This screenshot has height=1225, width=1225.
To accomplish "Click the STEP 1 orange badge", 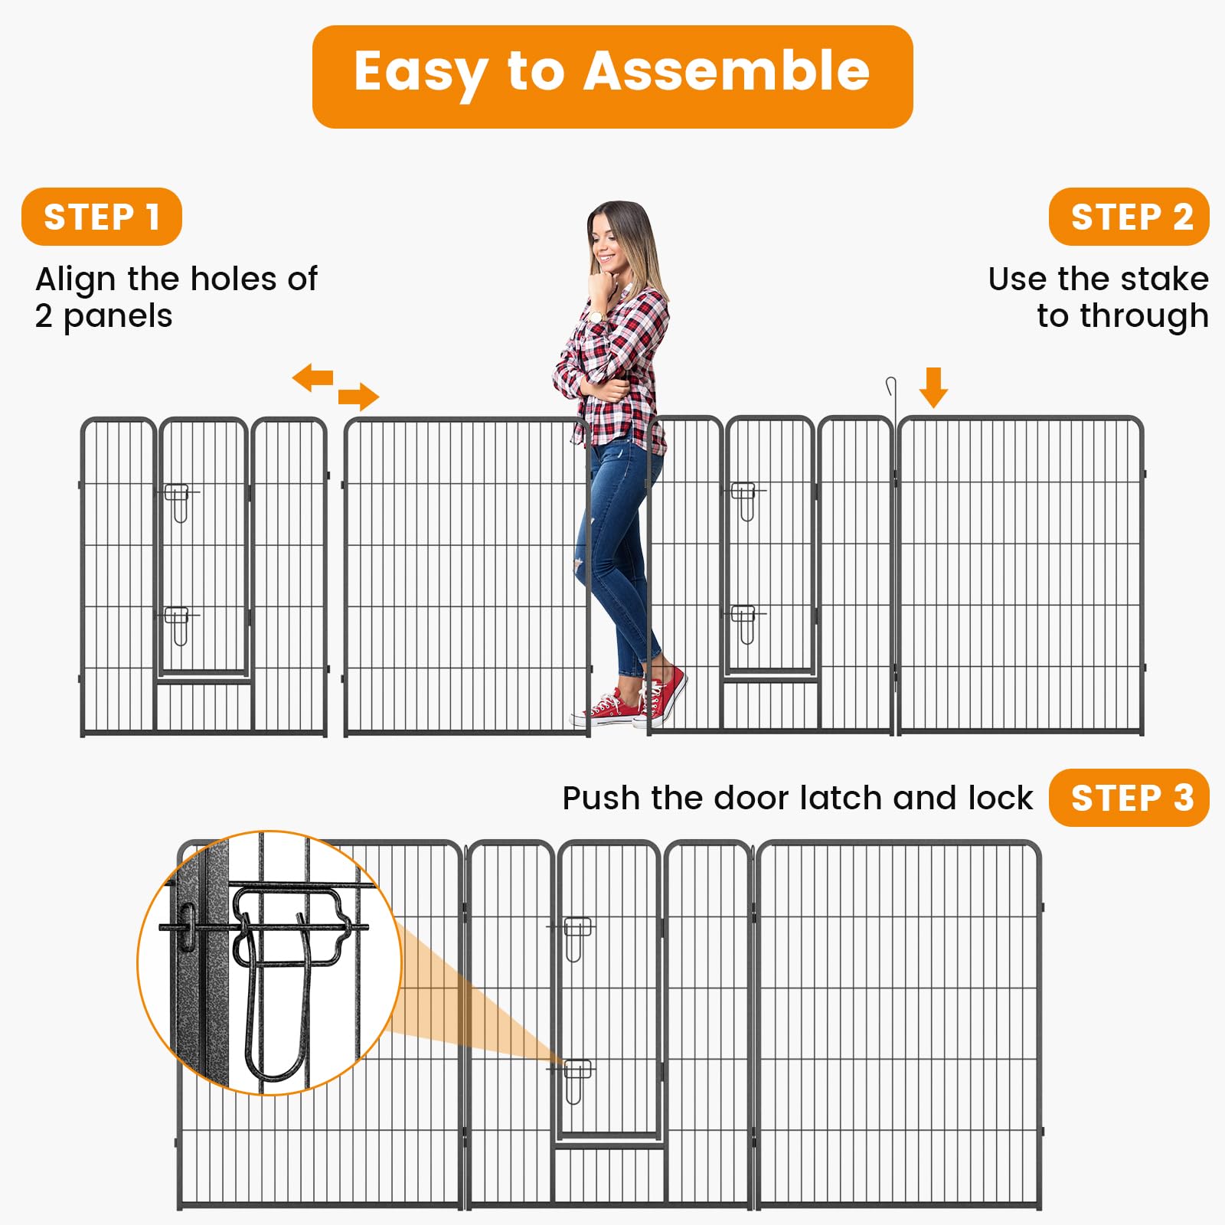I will pyautogui.click(x=101, y=217).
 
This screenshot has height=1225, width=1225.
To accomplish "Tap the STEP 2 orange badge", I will pyautogui.click(x=1129, y=217).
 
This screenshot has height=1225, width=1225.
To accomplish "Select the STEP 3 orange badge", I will pyautogui.click(x=1129, y=798).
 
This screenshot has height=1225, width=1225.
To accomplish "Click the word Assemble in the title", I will pyautogui.click(x=727, y=71).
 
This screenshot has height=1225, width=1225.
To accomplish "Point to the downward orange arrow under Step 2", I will pyautogui.click(x=933, y=387).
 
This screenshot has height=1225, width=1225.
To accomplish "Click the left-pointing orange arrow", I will pyautogui.click(x=312, y=377).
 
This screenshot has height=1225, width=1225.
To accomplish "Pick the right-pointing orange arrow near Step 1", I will pyautogui.click(x=358, y=397).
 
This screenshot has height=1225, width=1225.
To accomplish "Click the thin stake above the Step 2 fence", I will pyautogui.click(x=892, y=398).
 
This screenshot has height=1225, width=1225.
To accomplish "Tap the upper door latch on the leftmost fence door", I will pyautogui.click(x=178, y=501).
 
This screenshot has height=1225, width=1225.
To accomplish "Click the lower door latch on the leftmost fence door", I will pyautogui.click(x=178, y=624).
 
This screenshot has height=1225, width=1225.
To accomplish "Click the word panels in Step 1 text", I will pyautogui.click(x=118, y=316).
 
